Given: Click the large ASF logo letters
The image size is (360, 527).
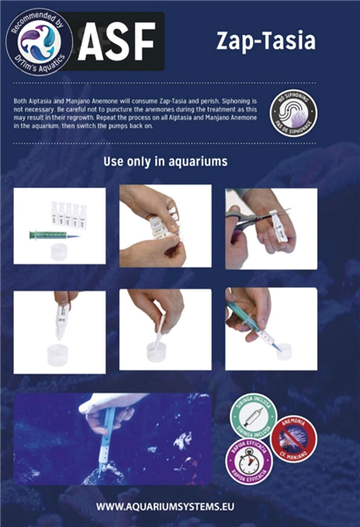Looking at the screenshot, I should (x=116, y=40).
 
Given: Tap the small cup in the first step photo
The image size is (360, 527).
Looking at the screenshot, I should (x=61, y=252).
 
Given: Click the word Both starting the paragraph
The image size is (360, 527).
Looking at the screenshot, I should (x=22, y=103).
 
